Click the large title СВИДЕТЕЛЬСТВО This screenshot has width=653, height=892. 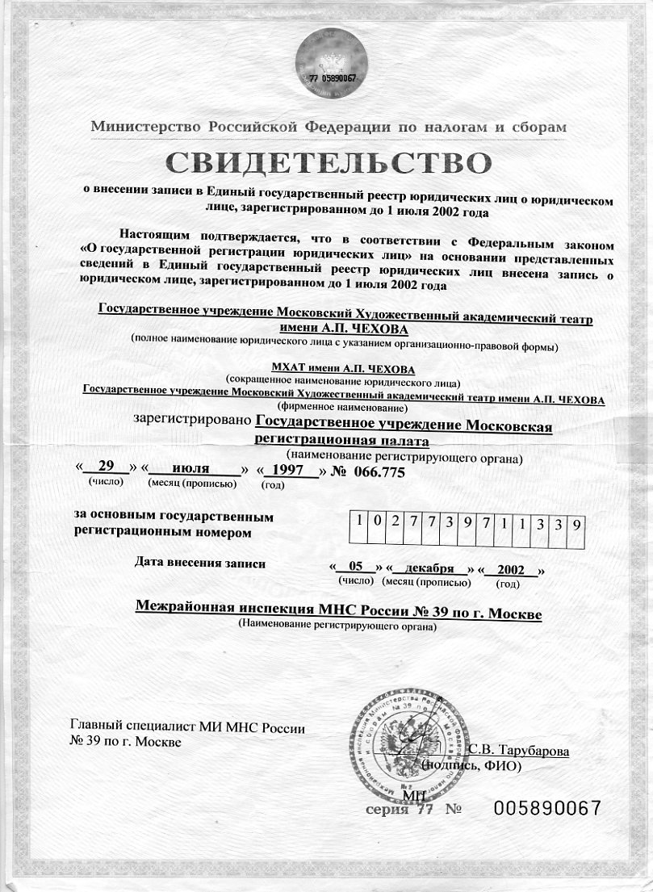click(327, 163)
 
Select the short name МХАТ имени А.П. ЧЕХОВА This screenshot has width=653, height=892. click(343, 369)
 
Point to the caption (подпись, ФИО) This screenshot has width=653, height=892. click(472, 764)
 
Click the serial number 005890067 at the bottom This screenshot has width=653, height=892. click(548, 808)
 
